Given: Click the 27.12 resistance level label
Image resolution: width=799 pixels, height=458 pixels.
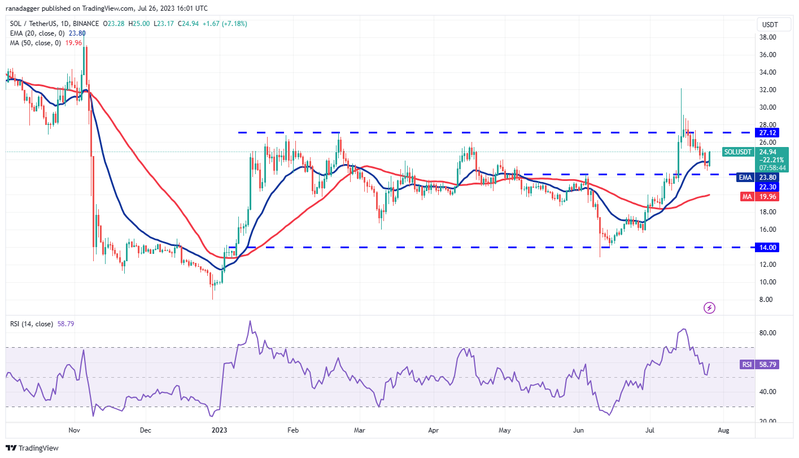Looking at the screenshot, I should click(x=768, y=132).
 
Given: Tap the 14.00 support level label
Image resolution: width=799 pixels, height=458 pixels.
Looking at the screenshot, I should click(x=768, y=247).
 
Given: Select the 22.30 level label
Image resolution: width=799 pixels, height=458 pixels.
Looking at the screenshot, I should click(x=768, y=187).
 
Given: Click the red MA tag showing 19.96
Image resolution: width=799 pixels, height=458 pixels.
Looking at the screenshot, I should click(x=768, y=196).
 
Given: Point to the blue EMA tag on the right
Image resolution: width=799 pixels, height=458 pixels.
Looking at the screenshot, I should click(x=745, y=177).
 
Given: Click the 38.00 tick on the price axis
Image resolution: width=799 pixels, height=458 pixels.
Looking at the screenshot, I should click(x=767, y=37).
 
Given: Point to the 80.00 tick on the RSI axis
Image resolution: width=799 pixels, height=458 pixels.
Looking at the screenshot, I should click(x=767, y=333).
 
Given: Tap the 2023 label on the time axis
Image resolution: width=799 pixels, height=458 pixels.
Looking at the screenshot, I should click(x=219, y=430).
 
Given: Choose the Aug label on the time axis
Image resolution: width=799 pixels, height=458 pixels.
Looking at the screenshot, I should click(x=723, y=430).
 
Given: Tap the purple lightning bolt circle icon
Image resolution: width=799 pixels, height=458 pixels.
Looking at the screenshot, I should click(x=710, y=308).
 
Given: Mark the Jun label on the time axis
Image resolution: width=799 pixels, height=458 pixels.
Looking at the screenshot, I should click(x=578, y=430).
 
